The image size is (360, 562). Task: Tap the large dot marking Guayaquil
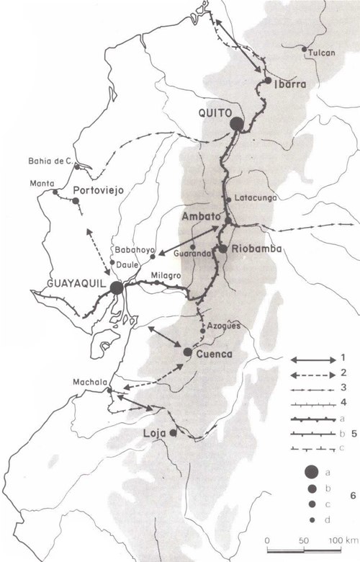tap(117, 287)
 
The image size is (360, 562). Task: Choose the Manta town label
tap(42, 183)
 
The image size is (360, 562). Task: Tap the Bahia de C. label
tap(49, 161)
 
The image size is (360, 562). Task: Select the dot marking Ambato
tap(228, 221)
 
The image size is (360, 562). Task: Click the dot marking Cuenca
tap(188, 352)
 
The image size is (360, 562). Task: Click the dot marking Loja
tap(173, 433)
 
